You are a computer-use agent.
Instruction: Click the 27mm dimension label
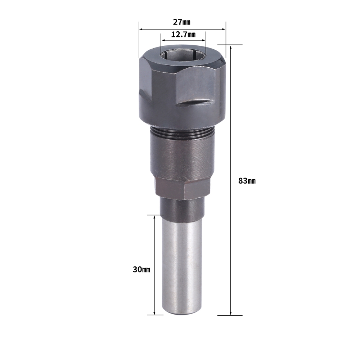click(181, 22)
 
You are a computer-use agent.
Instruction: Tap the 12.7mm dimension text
click(183, 35)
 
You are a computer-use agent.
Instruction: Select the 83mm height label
click(247, 181)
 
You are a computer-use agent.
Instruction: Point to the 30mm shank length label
click(141, 269)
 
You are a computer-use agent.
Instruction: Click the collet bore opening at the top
click(183, 55)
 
